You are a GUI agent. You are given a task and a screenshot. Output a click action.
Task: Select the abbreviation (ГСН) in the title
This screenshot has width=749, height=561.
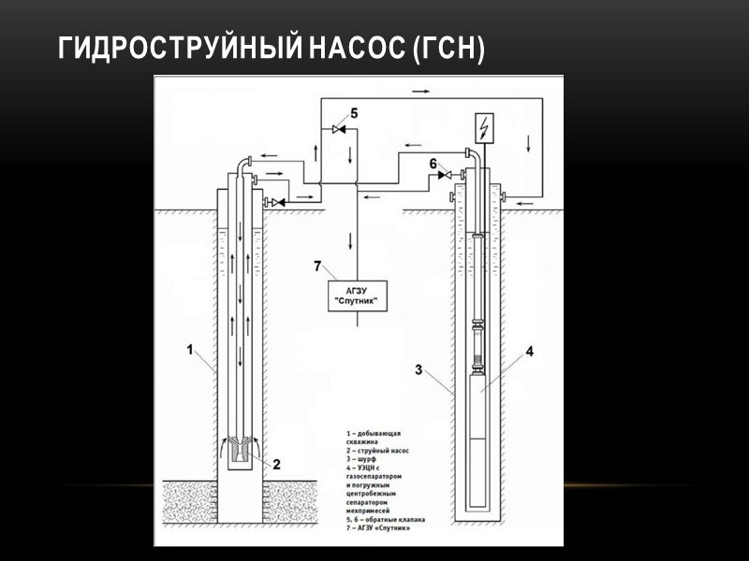(x=448, y=48)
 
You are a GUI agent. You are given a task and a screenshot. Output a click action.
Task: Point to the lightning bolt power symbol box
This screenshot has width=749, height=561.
(x=484, y=127)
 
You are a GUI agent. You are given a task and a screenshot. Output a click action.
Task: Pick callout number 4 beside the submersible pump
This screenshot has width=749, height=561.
(x=529, y=352)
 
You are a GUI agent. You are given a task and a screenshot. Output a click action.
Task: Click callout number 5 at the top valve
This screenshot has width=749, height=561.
(x=353, y=113)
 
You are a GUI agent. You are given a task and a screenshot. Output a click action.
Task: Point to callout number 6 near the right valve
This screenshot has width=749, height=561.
(x=433, y=163)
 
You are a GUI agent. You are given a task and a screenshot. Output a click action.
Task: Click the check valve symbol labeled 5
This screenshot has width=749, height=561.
(x=339, y=128)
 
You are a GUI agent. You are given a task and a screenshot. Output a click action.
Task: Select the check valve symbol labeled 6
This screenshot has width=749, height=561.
(x=446, y=175)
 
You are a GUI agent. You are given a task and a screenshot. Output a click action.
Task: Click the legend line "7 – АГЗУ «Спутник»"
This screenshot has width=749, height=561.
(x=386, y=528)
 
